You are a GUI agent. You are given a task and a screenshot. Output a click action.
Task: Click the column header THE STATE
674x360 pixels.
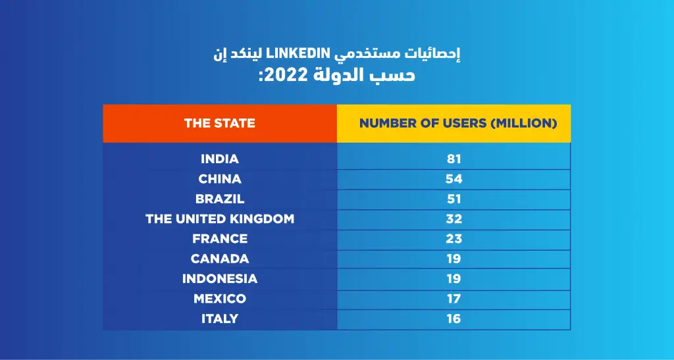pyautogui.click(x=219, y=123)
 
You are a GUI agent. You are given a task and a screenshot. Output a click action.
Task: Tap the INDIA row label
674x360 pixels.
pyautogui.click(x=220, y=159)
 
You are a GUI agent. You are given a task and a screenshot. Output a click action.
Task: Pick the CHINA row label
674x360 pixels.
pyautogui.click(x=220, y=179)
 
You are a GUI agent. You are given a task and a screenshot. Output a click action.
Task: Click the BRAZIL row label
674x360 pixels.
pyautogui.click(x=220, y=199)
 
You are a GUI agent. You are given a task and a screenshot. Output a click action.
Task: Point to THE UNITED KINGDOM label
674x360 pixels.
pyautogui.click(x=220, y=219)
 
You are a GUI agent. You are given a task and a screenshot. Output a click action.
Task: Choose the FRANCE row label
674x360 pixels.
pyautogui.click(x=220, y=239)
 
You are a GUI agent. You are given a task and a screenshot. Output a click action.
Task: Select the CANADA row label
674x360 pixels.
pyautogui.click(x=220, y=259)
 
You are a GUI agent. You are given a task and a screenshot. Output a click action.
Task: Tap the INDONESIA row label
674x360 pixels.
pyautogui.click(x=220, y=279)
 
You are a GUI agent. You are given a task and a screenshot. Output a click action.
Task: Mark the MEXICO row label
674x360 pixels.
pyautogui.click(x=220, y=299)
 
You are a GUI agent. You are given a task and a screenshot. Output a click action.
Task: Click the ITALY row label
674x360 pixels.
pyautogui.click(x=220, y=319)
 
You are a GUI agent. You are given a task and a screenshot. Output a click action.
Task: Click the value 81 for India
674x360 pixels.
pyautogui.click(x=454, y=159)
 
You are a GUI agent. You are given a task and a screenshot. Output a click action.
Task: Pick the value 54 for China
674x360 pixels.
pyautogui.click(x=454, y=179)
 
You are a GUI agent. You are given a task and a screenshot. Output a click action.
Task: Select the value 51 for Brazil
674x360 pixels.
pyautogui.click(x=454, y=199)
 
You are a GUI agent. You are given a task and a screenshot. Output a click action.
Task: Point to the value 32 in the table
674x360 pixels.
pyautogui.click(x=454, y=219)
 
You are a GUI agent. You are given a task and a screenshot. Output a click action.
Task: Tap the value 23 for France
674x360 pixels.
pyautogui.click(x=454, y=239)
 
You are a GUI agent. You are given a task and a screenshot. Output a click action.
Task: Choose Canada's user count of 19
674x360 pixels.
pyautogui.click(x=454, y=259)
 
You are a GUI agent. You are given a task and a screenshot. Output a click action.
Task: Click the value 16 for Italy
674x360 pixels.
pyautogui.click(x=454, y=319)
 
